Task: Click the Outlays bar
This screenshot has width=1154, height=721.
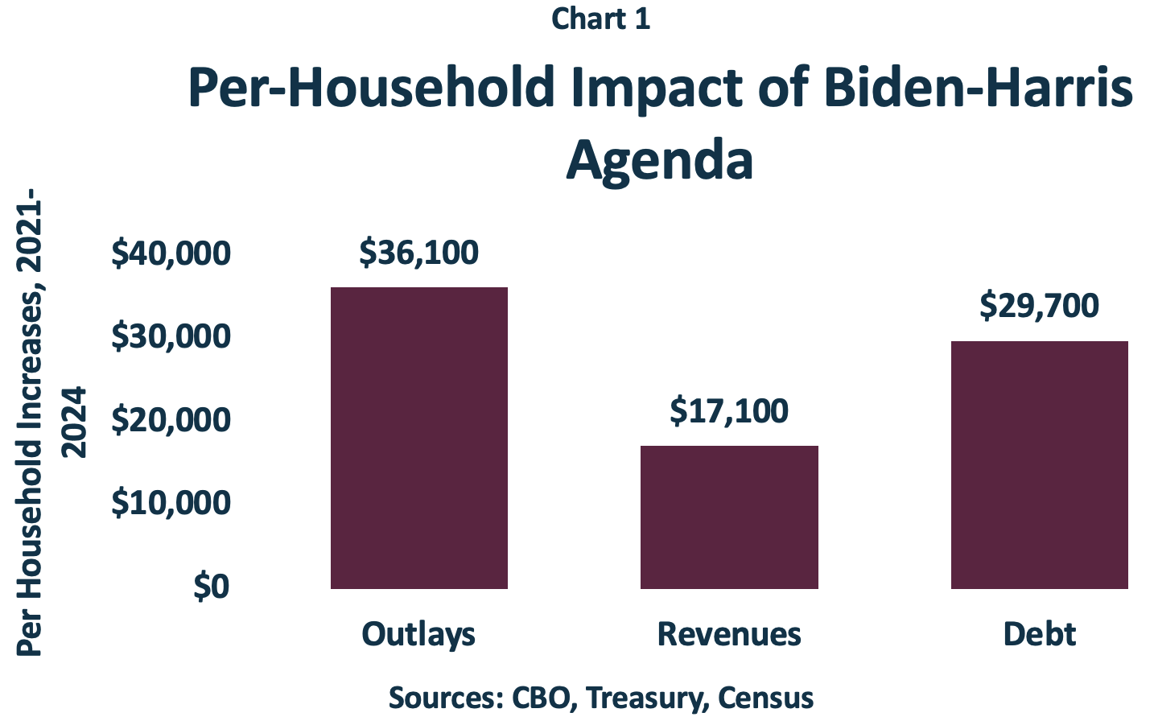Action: click(x=418, y=438)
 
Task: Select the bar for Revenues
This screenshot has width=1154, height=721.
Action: click(x=729, y=517)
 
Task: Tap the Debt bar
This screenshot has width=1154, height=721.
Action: click(x=1039, y=464)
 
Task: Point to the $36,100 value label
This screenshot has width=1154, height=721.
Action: click(x=418, y=253)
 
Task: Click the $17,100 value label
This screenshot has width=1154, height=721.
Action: click(x=729, y=411)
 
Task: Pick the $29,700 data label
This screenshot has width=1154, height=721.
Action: click(x=1039, y=306)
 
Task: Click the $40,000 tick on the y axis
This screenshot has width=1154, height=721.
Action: click(x=171, y=253)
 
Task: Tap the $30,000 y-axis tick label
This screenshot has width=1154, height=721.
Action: click(x=171, y=336)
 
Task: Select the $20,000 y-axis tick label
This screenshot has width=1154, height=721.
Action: click(x=171, y=420)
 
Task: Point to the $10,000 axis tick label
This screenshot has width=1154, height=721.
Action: click(x=171, y=503)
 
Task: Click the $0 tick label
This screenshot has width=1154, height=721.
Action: click(x=211, y=587)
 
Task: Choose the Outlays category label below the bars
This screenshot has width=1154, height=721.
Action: click(x=418, y=634)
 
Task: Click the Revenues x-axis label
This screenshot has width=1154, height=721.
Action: click(x=729, y=634)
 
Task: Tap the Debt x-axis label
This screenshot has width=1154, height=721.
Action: click(x=1039, y=634)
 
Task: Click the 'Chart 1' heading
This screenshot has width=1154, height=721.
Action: click(x=600, y=19)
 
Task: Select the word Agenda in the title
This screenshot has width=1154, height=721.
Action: click(x=660, y=159)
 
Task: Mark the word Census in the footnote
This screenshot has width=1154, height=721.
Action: click(x=765, y=697)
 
